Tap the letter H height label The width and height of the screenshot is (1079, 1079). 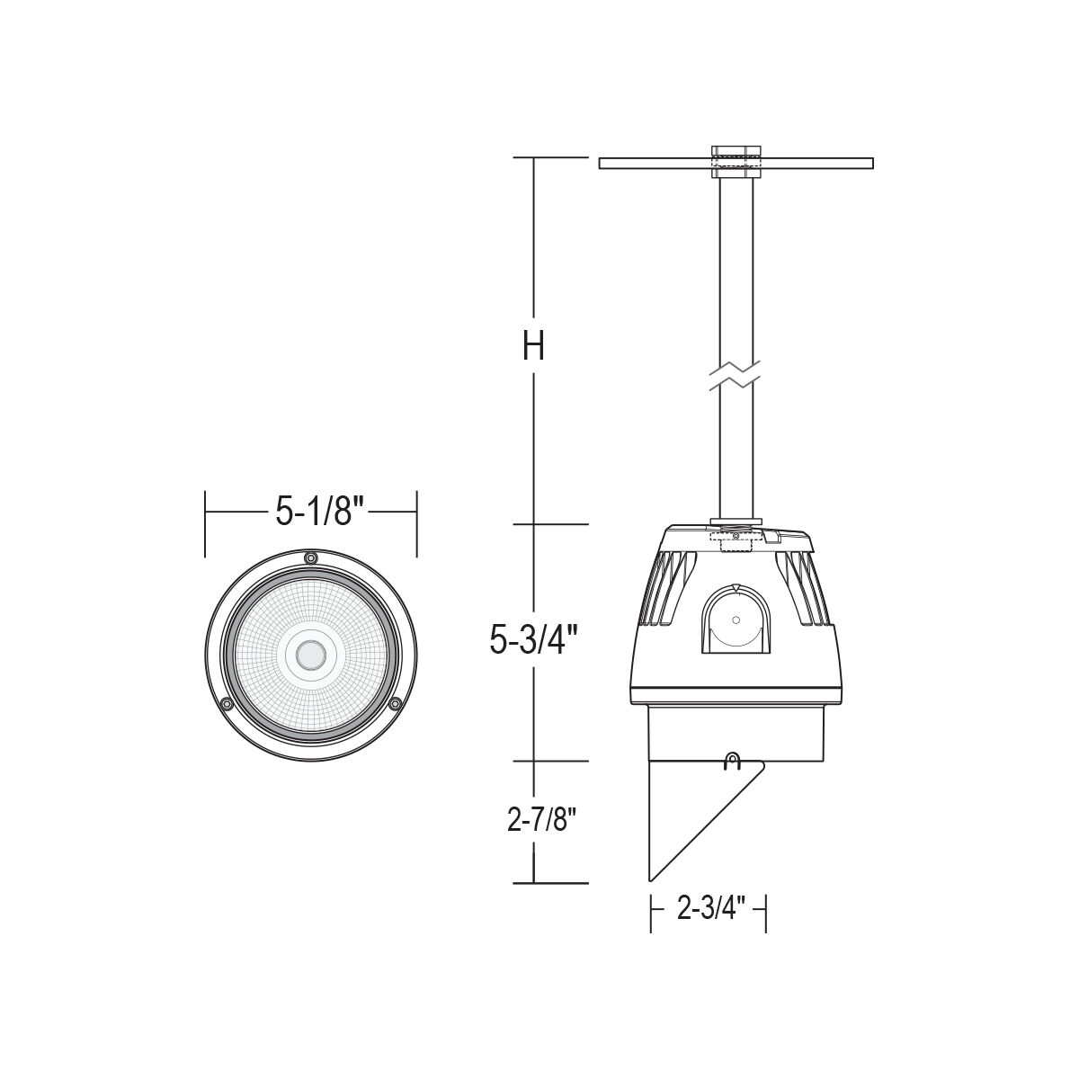point(533,345)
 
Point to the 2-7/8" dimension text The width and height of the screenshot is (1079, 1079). point(541,821)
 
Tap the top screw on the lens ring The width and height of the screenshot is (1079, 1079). point(310,557)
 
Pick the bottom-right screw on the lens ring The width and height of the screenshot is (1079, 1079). point(396,703)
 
